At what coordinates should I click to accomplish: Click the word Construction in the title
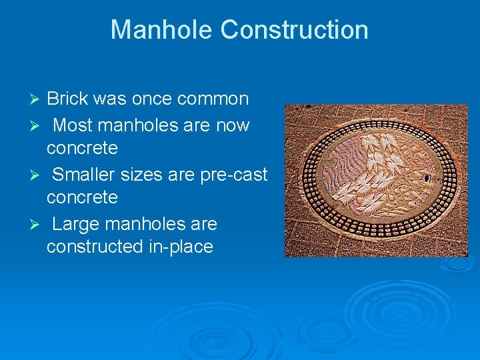pyautogui.click(x=294, y=30)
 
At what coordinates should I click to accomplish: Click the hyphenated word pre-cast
pyautogui.click(x=234, y=175)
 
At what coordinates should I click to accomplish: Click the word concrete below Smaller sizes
pyautogui.click(x=82, y=198)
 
